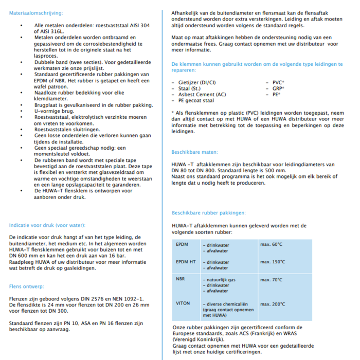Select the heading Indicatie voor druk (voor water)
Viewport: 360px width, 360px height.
[x=47, y=225]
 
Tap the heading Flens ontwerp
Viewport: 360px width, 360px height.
[x=27, y=286]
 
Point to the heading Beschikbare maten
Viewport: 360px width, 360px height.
[x=194, y=152]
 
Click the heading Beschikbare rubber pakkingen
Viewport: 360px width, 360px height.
[x=208, y=212]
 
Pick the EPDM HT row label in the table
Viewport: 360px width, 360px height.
[x=186, y=262]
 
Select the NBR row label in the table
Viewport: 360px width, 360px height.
[x=181, y=279]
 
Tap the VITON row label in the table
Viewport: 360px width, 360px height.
[x=183, y=303]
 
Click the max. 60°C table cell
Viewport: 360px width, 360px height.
[x=271, y=244]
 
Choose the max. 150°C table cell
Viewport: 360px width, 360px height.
[x=273, y=262]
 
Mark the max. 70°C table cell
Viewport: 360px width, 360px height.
[x=271, y=279]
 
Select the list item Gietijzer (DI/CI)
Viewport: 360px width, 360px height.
[x=197, y=82]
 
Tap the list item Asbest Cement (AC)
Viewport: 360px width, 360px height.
[x=202, y=95]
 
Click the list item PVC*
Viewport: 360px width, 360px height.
[x=277, y=82]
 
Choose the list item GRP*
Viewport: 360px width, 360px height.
[x=277, y=88]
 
